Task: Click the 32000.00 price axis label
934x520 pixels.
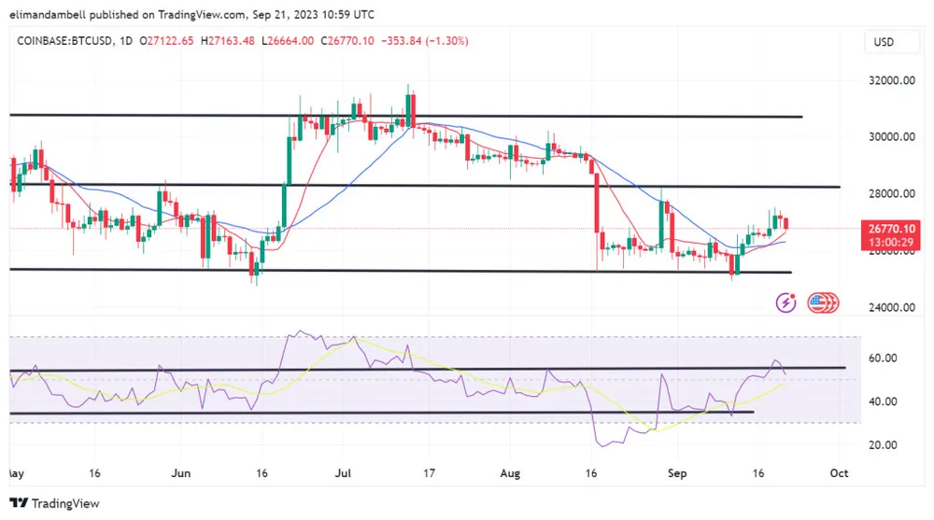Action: tap(889, 80)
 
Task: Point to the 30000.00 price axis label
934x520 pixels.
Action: tap(889, 136)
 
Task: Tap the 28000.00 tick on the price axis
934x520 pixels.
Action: tap(889, 194)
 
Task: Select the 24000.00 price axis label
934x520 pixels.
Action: tap(889, 308)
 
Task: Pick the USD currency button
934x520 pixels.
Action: tap(883, 42)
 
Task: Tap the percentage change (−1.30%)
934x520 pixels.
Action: tap(446, 41)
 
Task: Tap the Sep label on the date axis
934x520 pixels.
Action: tap(678, 473)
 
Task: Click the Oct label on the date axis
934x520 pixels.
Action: tap(839, 473)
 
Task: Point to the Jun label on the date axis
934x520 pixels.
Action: tap(181, 473)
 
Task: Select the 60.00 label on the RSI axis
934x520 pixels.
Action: tap(883, 358)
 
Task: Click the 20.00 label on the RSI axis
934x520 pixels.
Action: tap(883, 445)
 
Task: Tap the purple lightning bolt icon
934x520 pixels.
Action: tap(786, 302)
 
